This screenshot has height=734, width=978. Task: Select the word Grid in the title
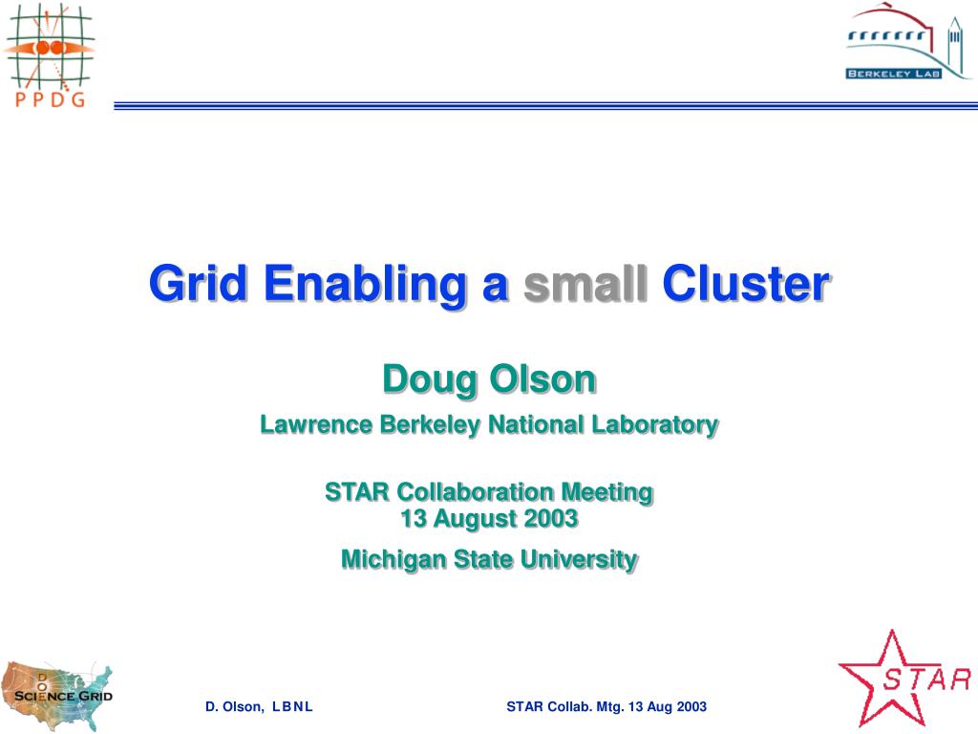click(198, 284)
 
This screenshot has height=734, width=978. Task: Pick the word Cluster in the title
click(745, 284)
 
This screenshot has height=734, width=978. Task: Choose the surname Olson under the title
click(542, 379)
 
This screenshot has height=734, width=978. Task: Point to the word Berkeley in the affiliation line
click(430, 425)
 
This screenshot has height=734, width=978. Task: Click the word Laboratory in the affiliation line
click(655, 425)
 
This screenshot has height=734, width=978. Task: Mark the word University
click(579, 560)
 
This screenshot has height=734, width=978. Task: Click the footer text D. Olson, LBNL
click(259, 706)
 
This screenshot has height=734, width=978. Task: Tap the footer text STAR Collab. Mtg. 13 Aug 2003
click(606, 706)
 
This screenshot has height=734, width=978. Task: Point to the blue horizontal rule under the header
click(545, 106)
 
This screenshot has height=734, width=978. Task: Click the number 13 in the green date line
click(413, 519)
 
